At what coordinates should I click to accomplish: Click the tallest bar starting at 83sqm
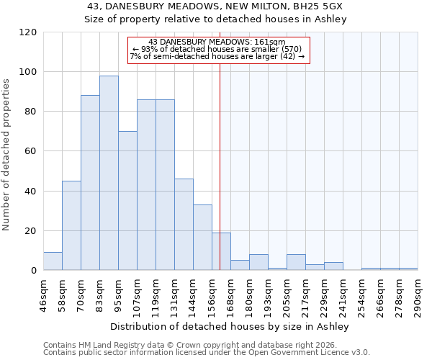[109, 173]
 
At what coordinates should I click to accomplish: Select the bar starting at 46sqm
[53, 261]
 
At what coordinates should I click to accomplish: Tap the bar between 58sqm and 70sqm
[71, 225]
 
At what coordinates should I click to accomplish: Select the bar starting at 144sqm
[202, 238]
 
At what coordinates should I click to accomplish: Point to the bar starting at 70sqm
[90, 183]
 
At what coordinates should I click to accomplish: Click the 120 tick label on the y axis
[28, 32]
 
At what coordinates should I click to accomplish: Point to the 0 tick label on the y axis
[34, 271]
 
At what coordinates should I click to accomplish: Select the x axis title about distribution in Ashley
[230, 326]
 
